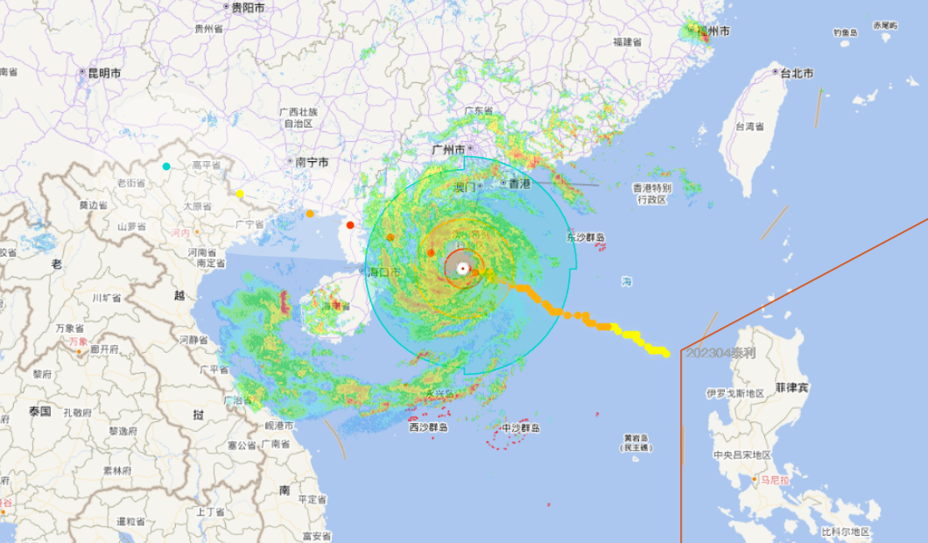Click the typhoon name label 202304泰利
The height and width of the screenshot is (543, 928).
(x=720, y=353)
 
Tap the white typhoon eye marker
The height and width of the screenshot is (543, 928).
(x=462, y=268)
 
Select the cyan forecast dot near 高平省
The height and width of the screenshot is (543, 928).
(x=166, y=166)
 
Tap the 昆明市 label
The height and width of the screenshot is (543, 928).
(x=103, y=74)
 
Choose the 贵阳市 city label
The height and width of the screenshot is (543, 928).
(x=248, y=7)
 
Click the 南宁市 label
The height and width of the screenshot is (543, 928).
(x=312, y=162)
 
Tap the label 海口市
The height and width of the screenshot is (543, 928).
(x=384, y=272)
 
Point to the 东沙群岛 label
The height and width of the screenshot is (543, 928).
(x=586, y=237)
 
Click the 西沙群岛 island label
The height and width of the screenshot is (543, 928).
(x=429, y=427)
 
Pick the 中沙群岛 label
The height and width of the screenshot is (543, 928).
(x=520, y=428)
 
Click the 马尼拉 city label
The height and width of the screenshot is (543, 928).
(x=774, y=480)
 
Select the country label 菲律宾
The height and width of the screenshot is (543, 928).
(x=791, y=387)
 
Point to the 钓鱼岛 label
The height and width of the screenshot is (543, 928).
(x=845, y=32)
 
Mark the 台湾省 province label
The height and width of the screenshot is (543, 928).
(x=750, y=127)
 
